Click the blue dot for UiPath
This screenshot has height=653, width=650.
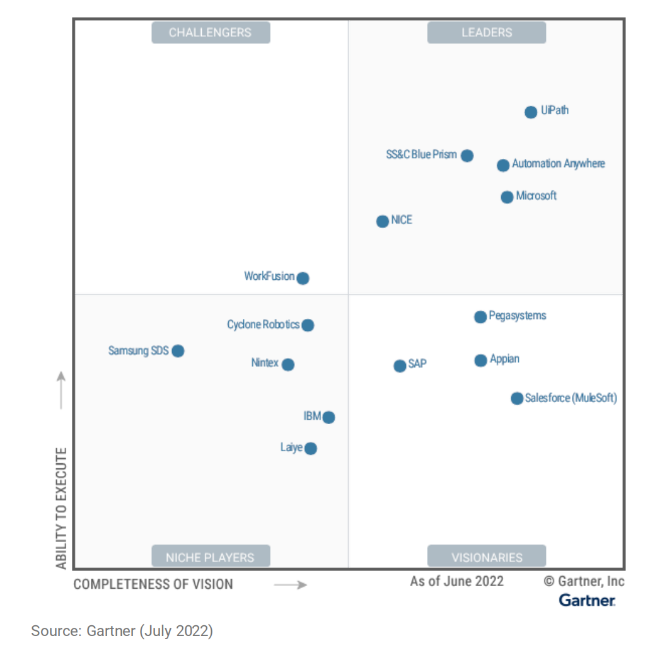[531, 112]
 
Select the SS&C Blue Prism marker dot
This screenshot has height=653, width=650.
[467, 156]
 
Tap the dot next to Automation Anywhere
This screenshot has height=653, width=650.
[502, 165]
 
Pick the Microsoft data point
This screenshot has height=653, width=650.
[507, 197]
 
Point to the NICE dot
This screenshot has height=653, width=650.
[382, 221]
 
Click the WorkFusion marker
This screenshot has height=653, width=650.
[303, 278]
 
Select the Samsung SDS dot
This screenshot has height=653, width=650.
[178, 351]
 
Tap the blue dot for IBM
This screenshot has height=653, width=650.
[328, 417]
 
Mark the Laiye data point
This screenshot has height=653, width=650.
[310, 449]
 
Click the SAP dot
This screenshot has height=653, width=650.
[400, 366]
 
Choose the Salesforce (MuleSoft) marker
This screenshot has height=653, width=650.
[516, 398]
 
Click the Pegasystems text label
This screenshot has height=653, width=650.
[518, 316]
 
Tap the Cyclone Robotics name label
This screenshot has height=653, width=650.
[263, 325]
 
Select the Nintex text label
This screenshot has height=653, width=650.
[264, 363]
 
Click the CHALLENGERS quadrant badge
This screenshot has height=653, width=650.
[211, 33]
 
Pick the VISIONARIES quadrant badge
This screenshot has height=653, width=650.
[487, 557]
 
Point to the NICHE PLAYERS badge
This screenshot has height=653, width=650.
[211, 557]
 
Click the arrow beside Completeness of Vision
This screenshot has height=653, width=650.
[290, 585]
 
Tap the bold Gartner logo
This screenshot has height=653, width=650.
[587, 601]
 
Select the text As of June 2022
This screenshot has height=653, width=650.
[456, 581]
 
